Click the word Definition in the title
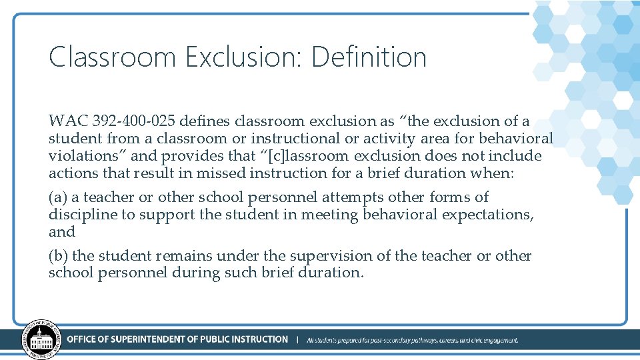(x=369, y=57)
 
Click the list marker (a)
(x=58, y=197)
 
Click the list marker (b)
(x=58, y=256)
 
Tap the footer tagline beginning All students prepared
(x=412, y=340)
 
